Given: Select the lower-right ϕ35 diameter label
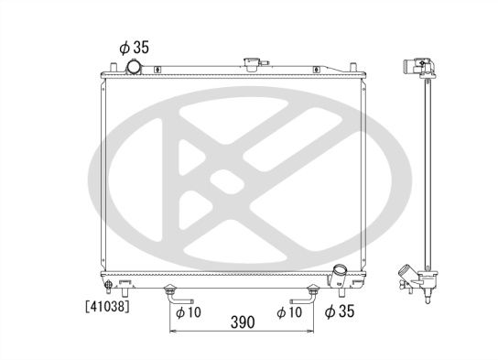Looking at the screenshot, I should (x=341, y=311).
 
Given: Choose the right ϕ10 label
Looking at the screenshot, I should (x=289, y=311).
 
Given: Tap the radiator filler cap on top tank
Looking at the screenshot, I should (x=250, y=64).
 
